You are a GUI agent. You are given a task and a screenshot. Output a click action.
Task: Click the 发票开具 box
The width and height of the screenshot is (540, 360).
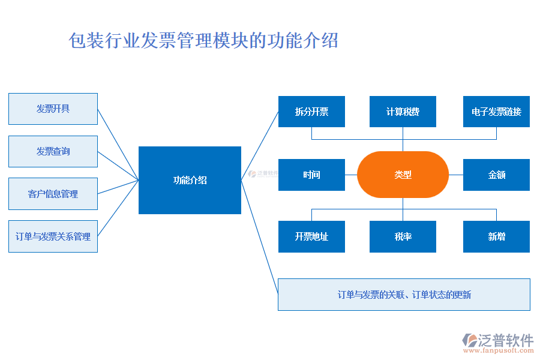[53, 109]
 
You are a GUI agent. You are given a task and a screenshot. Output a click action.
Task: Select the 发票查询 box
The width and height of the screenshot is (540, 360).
[53, 151]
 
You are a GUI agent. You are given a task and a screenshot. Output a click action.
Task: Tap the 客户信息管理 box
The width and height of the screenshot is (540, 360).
[53, 194]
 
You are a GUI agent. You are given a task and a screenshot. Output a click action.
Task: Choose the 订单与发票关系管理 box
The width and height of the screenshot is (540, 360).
[53, 236]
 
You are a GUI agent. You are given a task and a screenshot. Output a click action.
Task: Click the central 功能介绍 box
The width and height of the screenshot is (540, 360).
[190, 180]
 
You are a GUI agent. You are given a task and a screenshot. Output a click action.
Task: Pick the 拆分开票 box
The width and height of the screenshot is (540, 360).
[311, 112]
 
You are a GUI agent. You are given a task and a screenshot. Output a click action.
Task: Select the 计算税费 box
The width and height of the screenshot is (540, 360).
[403, 112]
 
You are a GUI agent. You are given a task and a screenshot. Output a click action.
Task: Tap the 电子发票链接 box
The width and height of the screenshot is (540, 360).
[496, 112]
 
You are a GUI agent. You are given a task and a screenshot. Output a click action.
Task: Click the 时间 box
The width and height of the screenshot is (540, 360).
[311, 175]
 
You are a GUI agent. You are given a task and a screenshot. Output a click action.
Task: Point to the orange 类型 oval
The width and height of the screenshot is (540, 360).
[403, 175]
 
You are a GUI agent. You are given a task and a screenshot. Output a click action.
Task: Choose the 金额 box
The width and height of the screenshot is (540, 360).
[496, 175]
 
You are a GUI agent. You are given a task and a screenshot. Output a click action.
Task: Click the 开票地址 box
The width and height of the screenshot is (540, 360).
[311, 236]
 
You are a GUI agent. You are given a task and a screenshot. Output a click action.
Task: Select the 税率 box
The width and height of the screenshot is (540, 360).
[403, 236]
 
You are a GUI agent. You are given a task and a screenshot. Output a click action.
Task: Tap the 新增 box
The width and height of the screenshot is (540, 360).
[496, 236]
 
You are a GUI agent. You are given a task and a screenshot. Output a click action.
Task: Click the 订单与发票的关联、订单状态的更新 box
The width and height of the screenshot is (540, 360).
[404, 295]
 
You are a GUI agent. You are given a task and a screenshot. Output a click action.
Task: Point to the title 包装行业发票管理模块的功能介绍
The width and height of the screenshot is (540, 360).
[204, 41]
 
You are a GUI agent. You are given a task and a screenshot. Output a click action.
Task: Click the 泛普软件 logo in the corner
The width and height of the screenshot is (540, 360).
[498, 340]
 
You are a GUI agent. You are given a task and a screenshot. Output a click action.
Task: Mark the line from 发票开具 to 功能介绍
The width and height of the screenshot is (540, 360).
[118, 145]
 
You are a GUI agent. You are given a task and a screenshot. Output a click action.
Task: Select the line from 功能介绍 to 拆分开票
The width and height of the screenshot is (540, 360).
[260, 146]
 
